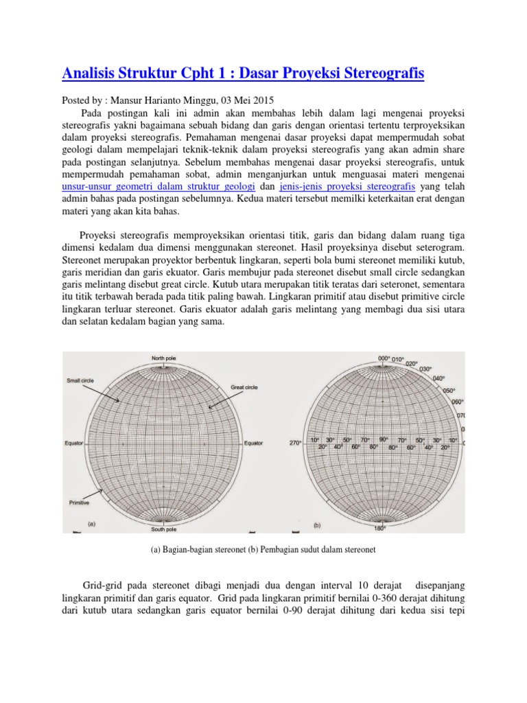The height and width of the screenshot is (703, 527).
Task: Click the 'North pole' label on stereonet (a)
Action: click(165, 358)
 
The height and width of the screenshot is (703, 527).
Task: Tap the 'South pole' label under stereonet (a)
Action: click(165, 529)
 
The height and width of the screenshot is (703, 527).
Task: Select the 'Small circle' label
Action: click(81, 380)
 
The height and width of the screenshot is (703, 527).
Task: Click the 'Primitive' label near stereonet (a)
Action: click(80, 503)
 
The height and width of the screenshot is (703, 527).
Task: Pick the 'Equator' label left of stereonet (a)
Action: click(74, 443)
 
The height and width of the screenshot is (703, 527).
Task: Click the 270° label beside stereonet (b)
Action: click(296, 443)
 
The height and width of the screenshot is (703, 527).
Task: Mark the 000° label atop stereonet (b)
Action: click(384, 358)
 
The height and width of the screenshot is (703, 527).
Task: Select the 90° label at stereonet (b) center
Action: click(384, 439)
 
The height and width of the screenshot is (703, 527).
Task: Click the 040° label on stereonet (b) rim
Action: click(440, 378)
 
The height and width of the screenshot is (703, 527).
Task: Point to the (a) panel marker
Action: click(91, 524)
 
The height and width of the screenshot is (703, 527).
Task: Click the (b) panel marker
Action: click(317, 525)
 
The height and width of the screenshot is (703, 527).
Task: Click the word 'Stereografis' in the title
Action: click(383, 72)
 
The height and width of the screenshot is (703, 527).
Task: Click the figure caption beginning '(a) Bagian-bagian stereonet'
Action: click(263, 551)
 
